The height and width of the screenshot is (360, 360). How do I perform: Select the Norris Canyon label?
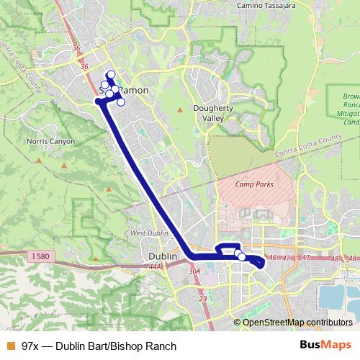click(50, 142)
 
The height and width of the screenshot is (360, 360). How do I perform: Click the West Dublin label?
click(149, 233)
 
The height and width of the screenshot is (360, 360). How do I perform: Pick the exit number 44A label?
click(154, 268)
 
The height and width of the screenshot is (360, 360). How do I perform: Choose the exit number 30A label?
click(194, 271)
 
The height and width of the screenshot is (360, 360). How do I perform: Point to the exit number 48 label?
click(333, 258)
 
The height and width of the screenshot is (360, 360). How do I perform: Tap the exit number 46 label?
click(272, 258)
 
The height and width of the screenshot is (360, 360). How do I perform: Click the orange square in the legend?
click(10, 346)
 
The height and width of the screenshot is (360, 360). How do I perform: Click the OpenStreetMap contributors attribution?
click(297, 322)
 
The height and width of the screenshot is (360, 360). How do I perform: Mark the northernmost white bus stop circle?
click(111, 75)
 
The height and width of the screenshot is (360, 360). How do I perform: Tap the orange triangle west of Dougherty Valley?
click(180, 109)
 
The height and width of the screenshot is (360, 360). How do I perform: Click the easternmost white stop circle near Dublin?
click(242, 257)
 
